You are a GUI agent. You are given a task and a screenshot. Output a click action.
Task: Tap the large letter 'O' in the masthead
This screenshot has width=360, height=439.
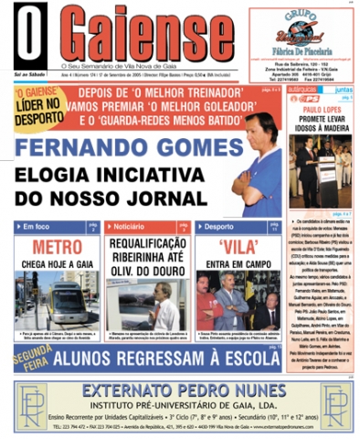tap(30, 37)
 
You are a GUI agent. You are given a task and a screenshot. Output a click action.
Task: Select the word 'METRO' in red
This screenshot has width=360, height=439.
tap(57, 247)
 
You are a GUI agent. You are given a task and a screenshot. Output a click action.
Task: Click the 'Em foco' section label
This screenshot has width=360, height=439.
tap(39, 226)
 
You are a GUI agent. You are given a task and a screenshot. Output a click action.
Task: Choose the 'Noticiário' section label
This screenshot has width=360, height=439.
tap(129, 226)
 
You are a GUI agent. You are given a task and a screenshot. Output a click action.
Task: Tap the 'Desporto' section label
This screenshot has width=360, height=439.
tap(218, 226)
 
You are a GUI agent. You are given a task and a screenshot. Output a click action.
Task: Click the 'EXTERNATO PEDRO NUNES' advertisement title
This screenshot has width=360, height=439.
tap(180, 390)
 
